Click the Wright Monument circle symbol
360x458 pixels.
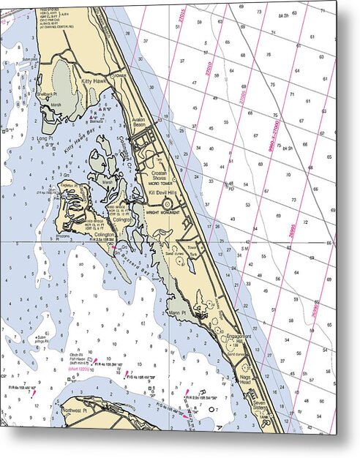tap(167, 205)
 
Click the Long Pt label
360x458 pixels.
tap(44, 137)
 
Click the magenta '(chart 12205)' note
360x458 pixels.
tap(80, 369)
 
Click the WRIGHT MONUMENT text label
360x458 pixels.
tap(162, 212)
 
